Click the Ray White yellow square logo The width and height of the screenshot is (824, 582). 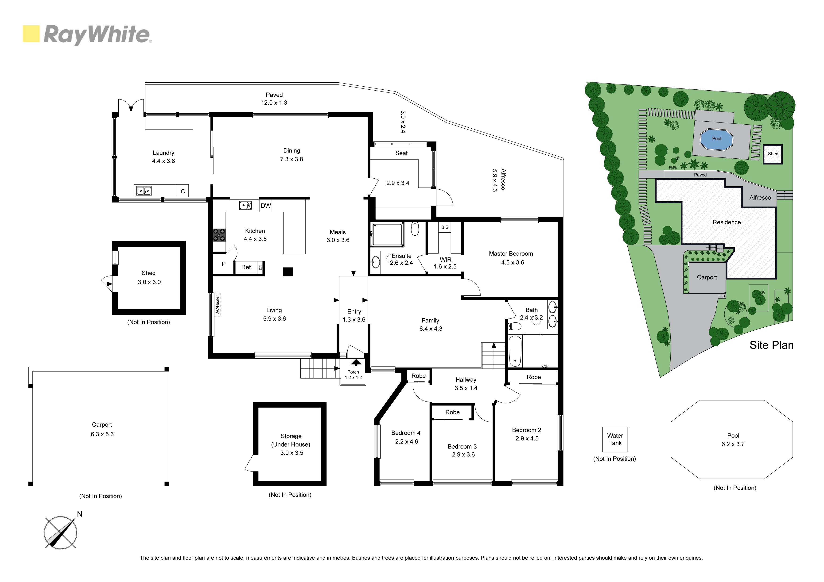pos(31,34)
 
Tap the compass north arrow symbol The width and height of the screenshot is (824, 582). pos(61,532)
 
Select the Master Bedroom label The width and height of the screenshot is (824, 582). pos(511,253)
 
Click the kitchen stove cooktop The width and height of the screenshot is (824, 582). pos(219,235)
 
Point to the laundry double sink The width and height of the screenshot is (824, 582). pos(143,191)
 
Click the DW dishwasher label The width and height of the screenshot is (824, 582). pos(266,206)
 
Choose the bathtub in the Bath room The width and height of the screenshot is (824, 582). pos(515,351)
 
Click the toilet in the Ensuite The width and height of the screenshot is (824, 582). pos(415,228)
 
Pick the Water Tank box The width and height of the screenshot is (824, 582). pos(615,439)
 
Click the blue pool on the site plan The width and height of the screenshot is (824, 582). pos(716,139)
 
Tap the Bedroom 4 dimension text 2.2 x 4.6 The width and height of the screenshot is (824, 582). pos(406,441)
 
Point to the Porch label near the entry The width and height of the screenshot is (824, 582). pos(353,372)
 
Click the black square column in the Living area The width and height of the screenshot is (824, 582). pos(288,272)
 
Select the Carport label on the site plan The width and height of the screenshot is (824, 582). pos(707,277)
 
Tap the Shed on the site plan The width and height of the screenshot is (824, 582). pos(773,154)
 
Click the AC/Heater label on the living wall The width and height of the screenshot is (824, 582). pos(218,304)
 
